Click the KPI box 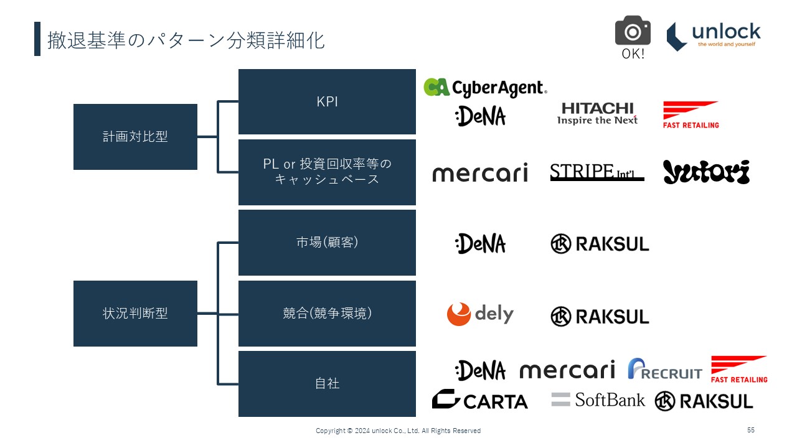[327, 101]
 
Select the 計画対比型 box [135, 137]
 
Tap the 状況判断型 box [135, 314]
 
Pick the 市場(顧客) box [327, 243]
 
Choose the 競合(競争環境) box [327, 314]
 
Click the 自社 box [327, 384]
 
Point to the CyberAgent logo [485, 88]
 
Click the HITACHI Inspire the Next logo [597, 114]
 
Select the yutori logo [706, 172]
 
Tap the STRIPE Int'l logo [597, 172]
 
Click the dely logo [480, 314]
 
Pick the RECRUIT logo [664, 369]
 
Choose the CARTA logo [480, 400]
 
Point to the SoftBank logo [598, 399]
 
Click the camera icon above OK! [633, 30]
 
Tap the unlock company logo [714, 36]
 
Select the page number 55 [751, 430]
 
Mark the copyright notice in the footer [398, 431]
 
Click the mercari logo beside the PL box [480, 172]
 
